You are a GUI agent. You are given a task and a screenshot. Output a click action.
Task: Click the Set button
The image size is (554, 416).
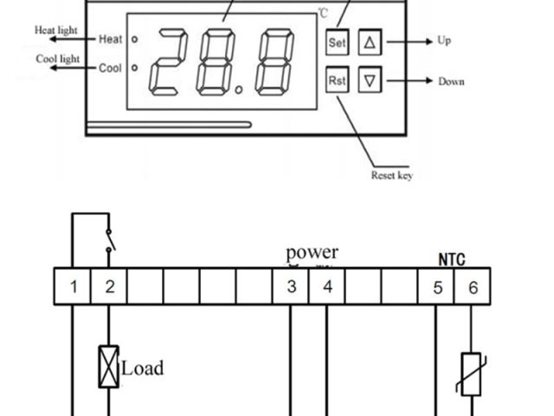click(337, 41)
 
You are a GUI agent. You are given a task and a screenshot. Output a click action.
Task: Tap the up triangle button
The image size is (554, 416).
click(370, 41)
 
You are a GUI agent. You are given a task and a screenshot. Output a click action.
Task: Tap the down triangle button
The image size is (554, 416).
click(370, 81)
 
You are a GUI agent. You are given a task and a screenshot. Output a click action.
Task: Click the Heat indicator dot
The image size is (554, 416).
click(134, 39)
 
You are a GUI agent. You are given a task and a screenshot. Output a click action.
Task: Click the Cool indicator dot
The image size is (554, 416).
click(134, 68)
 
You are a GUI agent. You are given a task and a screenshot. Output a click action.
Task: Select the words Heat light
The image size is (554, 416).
click(56, 30)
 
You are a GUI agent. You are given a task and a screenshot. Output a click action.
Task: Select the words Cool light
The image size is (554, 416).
click(57, 59)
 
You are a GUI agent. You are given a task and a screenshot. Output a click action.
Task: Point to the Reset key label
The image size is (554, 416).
click(391, 175)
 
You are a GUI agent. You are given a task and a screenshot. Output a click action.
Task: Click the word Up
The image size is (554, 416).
click(444, 41)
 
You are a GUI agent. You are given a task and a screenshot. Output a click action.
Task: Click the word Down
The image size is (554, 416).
click(450, 81)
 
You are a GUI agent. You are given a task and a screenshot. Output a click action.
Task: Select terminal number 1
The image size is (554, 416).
click(74, 287)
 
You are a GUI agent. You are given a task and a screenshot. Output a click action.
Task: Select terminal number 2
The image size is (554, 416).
click(109, 287)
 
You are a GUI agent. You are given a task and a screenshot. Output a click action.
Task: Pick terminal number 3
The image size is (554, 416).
click(292, 287)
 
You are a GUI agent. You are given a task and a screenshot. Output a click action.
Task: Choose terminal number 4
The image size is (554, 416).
click(327, 287)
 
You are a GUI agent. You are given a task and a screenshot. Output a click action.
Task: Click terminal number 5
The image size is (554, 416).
click(437, 287)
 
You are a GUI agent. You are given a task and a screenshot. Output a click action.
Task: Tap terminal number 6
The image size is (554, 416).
click(473, 287)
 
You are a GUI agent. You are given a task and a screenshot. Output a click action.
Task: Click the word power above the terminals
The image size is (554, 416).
click(312, 253)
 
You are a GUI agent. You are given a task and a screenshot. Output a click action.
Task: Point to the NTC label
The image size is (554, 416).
click(452, 259)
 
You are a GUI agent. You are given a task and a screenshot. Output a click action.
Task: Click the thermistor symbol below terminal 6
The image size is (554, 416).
click(471, 374)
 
